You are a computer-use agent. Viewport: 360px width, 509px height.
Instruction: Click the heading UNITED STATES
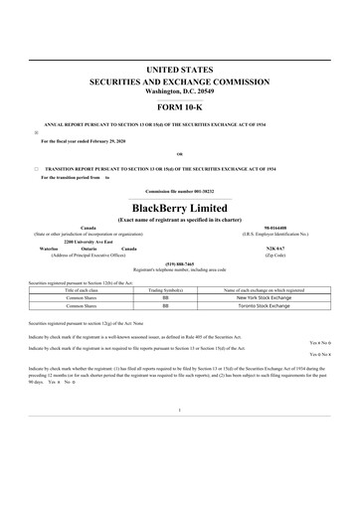tap(180, 70)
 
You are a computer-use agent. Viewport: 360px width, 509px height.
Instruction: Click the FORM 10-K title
tap(180, 106)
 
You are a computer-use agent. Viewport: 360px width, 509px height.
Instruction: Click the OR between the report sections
tap(180, 154)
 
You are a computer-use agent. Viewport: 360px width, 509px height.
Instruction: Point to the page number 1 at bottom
tap(180, 465)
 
